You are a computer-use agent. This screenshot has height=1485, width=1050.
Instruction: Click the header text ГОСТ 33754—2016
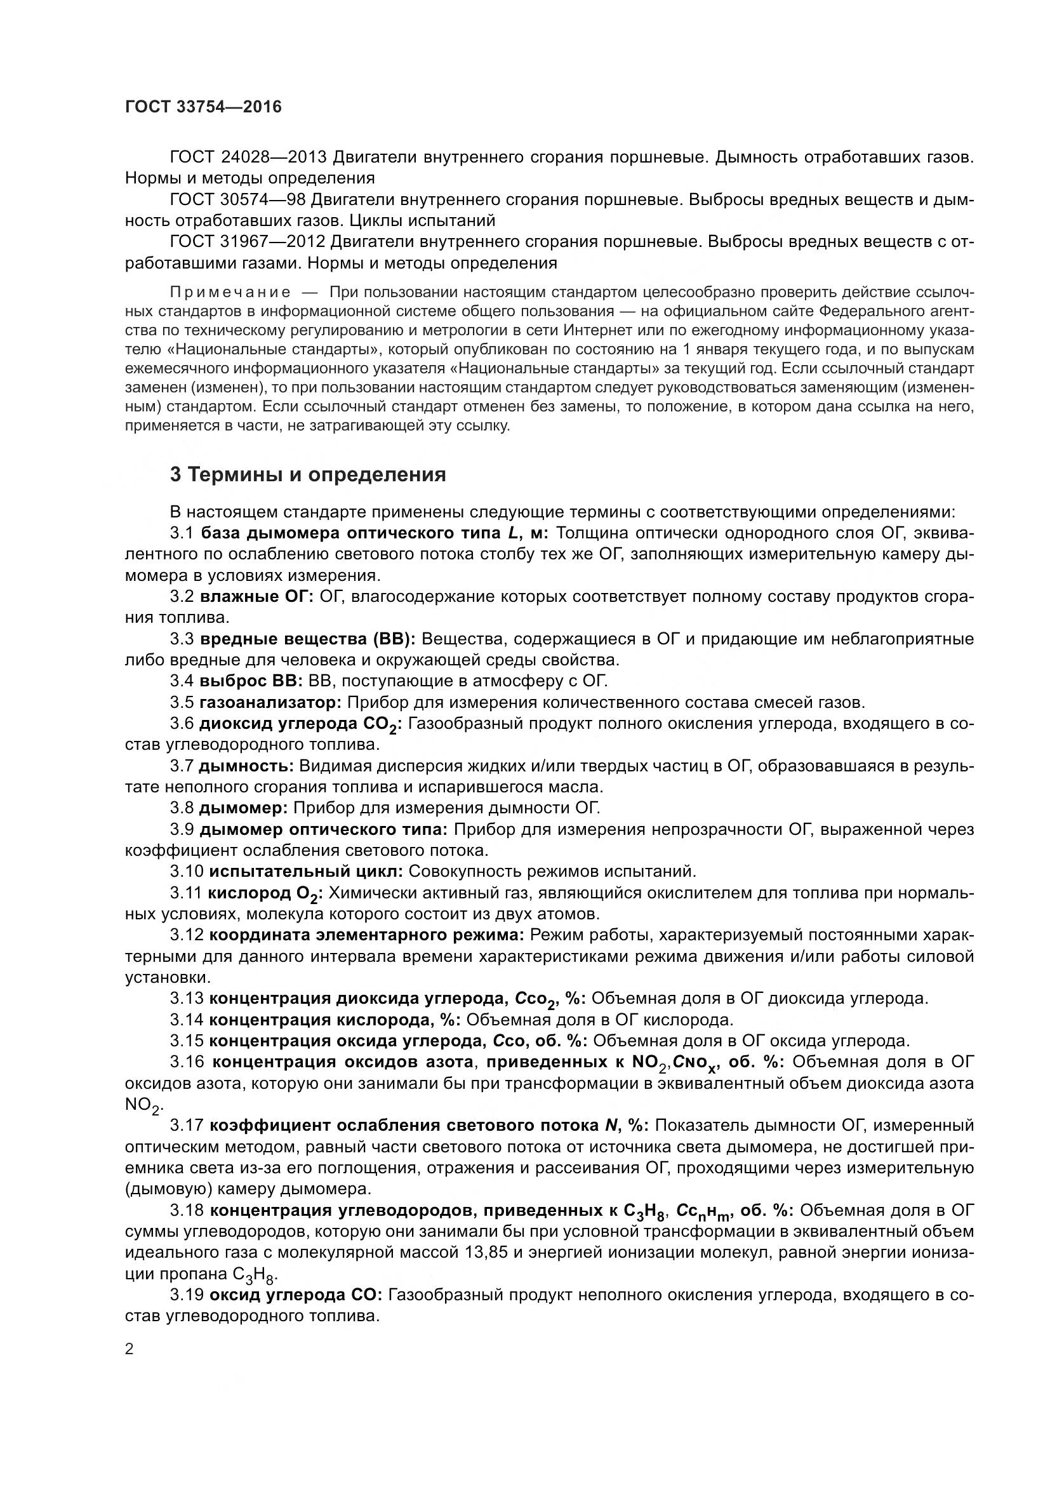tap(203, 107)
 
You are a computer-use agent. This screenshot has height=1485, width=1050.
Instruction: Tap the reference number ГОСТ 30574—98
tap(237, 200)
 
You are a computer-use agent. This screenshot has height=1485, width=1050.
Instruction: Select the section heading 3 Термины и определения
tap(308, 474)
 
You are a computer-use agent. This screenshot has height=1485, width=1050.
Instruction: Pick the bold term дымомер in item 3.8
tap(244, 808)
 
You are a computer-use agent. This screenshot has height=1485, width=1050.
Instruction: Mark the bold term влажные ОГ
tap(256, 596)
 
